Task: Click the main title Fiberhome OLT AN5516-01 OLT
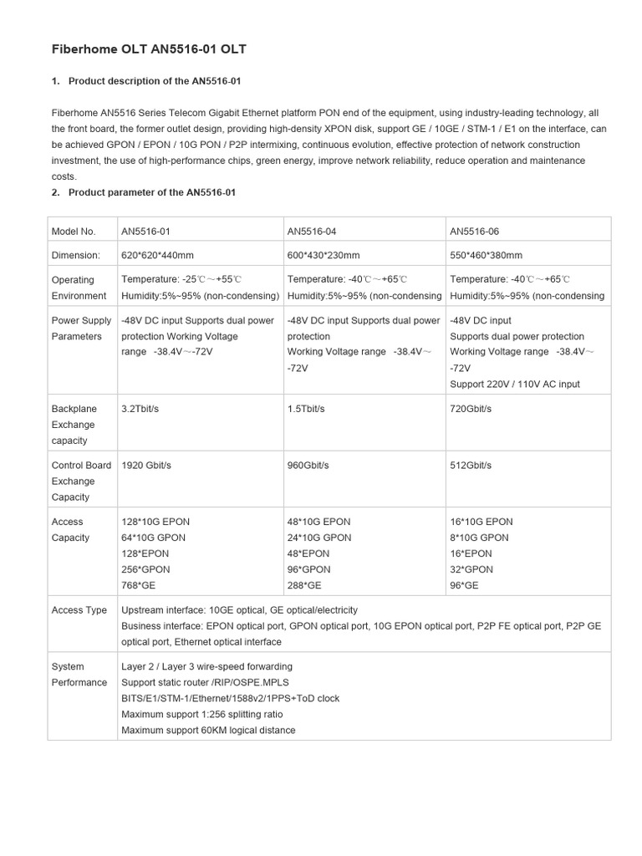tap(150, 50)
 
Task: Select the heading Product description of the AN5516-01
tap(155, 80)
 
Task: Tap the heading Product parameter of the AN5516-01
tap(152, 192)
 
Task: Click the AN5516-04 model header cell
tap(313, 231)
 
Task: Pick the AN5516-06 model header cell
tap(475, 231)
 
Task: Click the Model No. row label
tap(74, 231)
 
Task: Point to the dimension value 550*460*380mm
tap(487, 255)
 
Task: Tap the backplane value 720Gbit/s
tap(471, 409)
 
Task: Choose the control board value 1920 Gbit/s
tap(146, 465)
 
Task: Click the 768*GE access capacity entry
tap(139, 585)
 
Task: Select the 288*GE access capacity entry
tap(304, 585)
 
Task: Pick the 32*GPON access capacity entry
tap(471, 569)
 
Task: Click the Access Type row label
tap(79, 610)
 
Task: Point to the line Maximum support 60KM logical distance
tap(208, 730)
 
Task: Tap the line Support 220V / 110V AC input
tap(515, 384)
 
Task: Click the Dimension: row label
tap(75, 255)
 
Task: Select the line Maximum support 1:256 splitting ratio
tap(201, 714)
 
